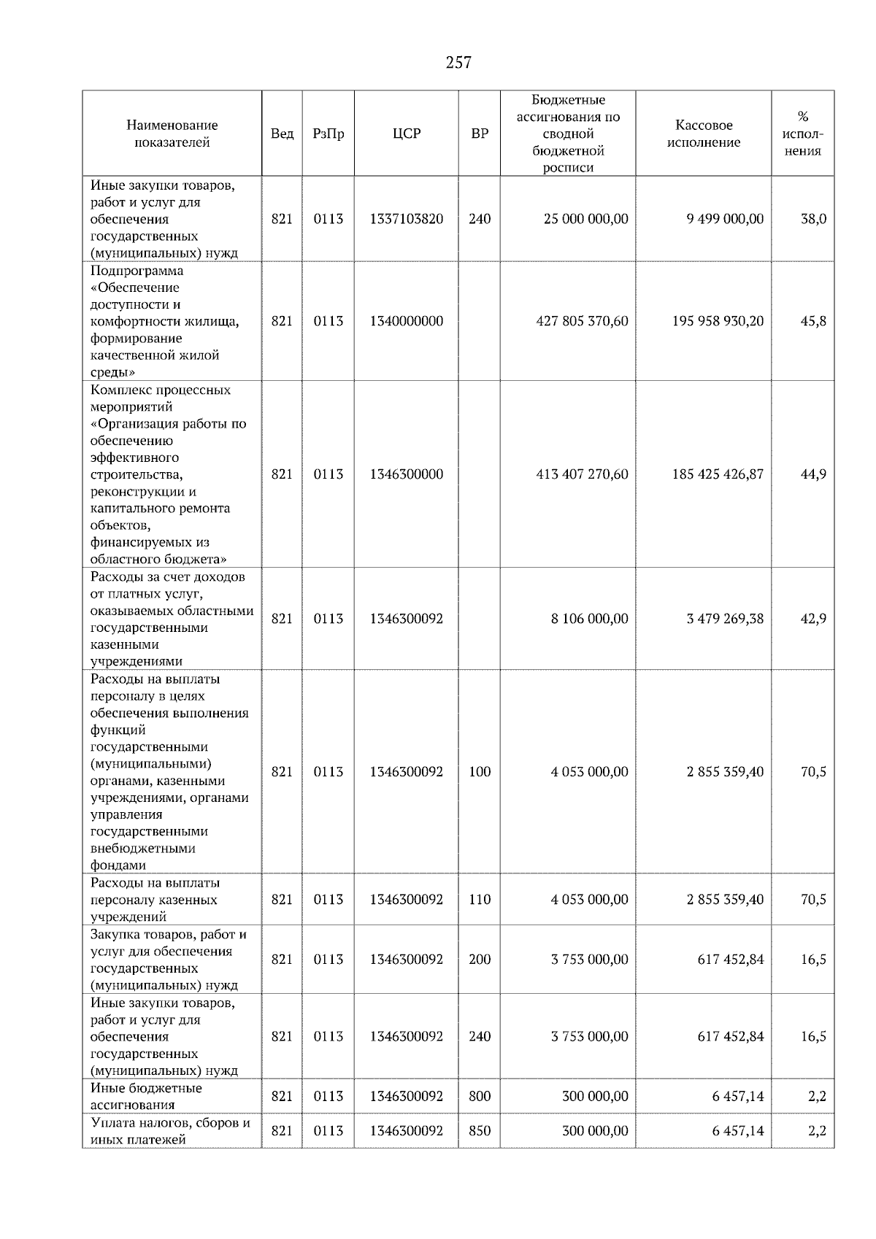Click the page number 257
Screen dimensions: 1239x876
458,63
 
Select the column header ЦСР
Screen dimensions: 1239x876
407,134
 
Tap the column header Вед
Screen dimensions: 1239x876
282,134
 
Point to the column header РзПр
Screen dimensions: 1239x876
328,134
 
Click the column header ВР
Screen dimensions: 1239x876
480,134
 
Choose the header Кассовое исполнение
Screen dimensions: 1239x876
704,134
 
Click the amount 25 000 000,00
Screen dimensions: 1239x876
585,219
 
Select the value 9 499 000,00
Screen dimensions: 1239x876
725,219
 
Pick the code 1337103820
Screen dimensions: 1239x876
407,219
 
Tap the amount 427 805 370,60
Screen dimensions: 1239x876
582,321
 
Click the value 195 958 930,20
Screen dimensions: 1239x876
718,321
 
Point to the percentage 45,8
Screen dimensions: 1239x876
813,321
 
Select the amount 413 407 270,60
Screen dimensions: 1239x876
582,474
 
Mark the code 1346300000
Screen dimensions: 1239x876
407,474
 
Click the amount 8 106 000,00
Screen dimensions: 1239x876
589,619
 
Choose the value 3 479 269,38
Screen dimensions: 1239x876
725,619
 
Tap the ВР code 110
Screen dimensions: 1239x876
480,900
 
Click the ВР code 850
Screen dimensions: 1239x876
480,1131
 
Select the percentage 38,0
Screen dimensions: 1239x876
813,219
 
